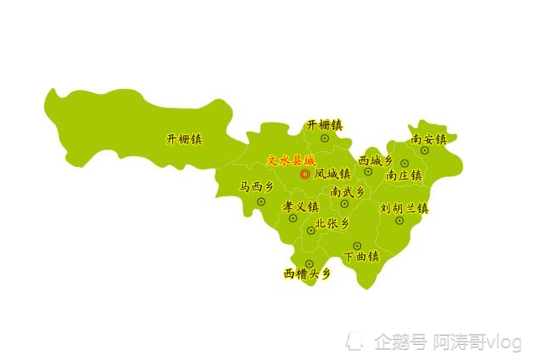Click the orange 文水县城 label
290,160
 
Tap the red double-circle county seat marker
305,175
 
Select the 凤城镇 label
332,175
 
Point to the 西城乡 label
375,160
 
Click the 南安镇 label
429,138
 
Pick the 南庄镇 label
404,175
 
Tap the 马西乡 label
256,187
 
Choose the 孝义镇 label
300,206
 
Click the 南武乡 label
347,191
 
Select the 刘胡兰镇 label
405,207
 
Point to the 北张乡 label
332,224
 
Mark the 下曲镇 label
362,256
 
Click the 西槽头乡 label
306,274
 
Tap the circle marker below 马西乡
261,201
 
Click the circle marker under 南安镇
425,150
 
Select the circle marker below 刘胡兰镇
400,221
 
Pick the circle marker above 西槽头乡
309,263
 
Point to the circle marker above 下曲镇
357,246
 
